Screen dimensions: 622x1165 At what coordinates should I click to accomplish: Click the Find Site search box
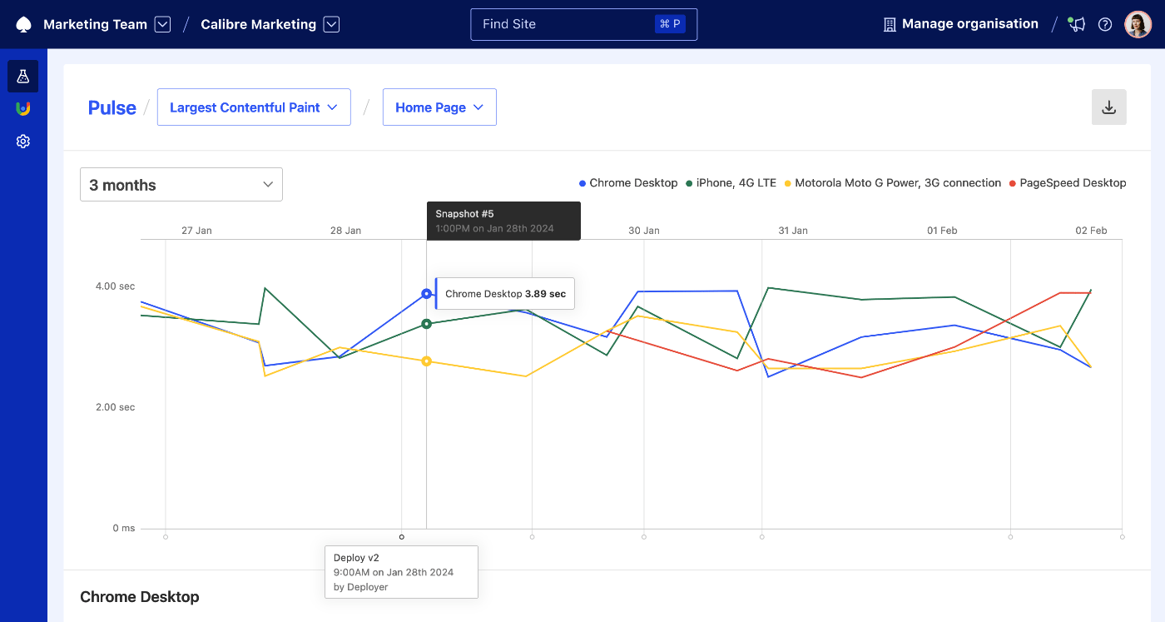(x=582, y=24)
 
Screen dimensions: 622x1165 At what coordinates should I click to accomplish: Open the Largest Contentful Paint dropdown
(x=253, y=107)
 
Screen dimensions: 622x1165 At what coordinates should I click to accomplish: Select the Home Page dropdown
(x=439, y=107)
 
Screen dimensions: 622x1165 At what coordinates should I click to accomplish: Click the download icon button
(x=1108, y=107)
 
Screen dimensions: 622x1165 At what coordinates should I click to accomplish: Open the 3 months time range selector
(x=181, y=185)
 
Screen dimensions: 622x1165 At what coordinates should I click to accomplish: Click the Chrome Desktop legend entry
(x=628, y=183)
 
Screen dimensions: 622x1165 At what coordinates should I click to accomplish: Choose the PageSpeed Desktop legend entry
(x=1068, y=183)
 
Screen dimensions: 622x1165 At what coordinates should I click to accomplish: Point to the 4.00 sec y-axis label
(x=115, y=286)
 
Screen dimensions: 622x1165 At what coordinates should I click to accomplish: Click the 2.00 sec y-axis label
(x=115, y=407)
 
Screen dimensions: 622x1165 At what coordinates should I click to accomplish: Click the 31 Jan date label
(x=793, y=231)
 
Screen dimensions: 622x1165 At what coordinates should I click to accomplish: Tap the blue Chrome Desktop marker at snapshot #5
(x=426, y=294)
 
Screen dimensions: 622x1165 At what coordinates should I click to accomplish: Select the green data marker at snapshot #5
(x=426, y=324)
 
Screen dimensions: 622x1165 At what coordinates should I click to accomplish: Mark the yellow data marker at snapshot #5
(x=426, y=361)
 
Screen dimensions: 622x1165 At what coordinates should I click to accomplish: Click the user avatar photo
(x=1138, y=24)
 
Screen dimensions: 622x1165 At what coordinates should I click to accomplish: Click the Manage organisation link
(x=960, y=24)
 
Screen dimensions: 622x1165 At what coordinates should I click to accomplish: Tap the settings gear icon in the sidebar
(x=23, y=142)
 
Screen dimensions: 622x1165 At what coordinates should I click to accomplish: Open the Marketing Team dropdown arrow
(x=163, y=25)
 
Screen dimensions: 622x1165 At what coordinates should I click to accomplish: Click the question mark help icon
(x=1105, y=24)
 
